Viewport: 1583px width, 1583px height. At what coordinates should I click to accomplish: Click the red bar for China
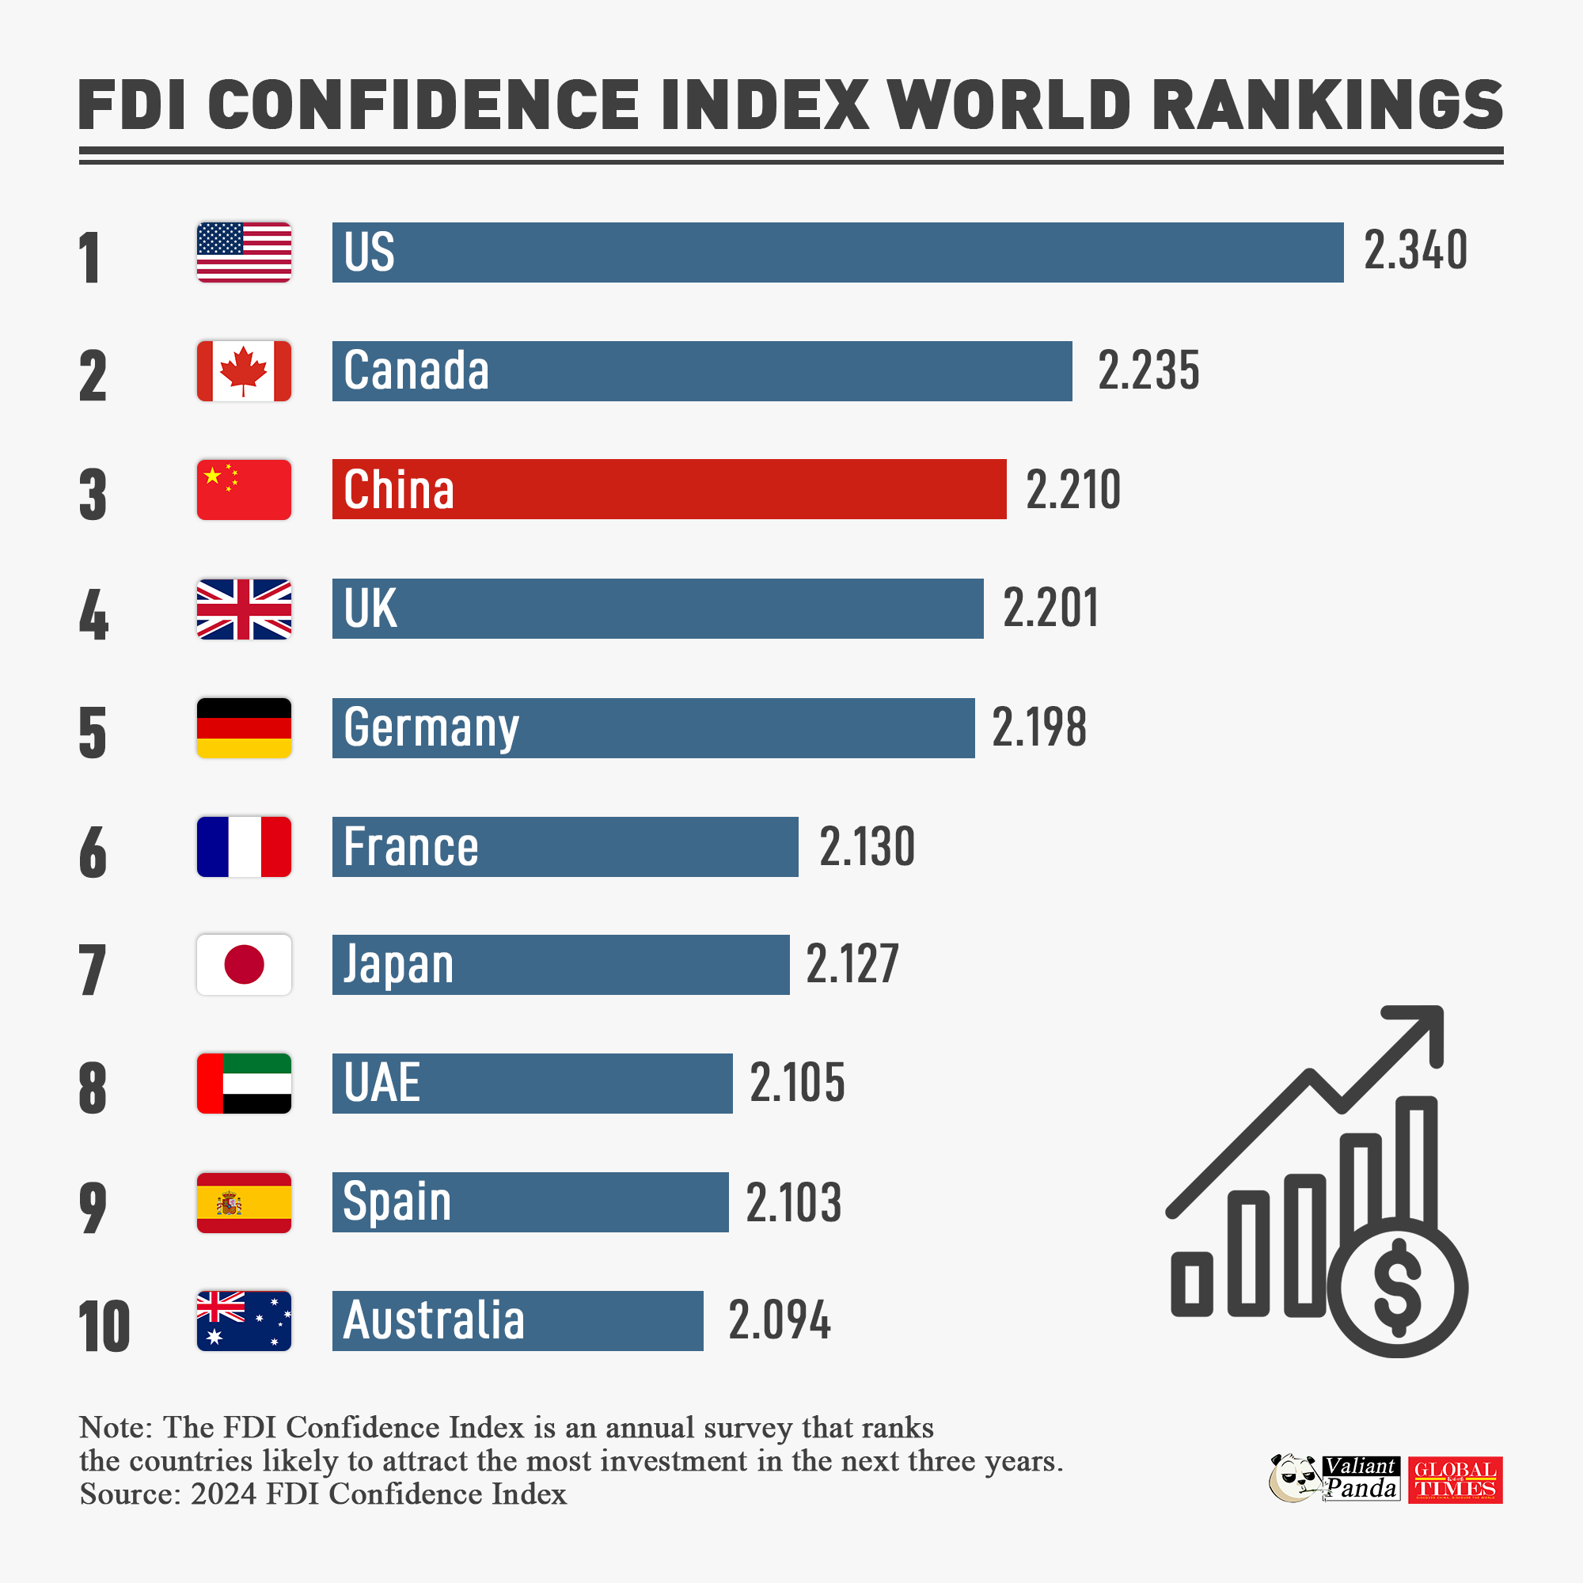pyautogui.click(x=669, y=489)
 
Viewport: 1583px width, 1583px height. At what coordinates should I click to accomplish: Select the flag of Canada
pyautogui.click(x=243, y=371)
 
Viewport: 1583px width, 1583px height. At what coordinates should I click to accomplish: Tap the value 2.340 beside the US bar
pyautogui.click(x=1415, y=250)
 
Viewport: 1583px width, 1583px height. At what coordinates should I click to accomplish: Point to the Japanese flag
pyautogui.click(x=243, y=964)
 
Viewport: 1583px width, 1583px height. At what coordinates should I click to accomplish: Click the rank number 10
pyautogui.click(x=104, y=1327)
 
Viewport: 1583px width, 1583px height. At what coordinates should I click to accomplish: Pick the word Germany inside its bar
pyautogui.click(x=431, y=727)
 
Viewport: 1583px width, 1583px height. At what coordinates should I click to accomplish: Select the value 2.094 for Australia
pyautogui.click(x=779, y=1320)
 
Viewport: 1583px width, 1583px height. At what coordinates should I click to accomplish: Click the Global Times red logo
pyautogui.click(x=1456, y=1480)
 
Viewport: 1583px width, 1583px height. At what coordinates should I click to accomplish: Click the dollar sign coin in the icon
pyautogui.click(x=1397, y=1286)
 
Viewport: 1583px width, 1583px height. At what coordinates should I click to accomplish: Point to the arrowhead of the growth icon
pyautogui.click(x=1422, y=1028)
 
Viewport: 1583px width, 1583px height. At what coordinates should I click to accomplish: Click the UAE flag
pyautogui.click(x=243, y=1084)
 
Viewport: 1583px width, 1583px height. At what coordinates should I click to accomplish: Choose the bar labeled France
pyautogui.click(x=564, y=846)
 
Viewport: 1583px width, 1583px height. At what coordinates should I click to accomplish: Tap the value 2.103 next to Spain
pyautogui.click(x=793, y=1202)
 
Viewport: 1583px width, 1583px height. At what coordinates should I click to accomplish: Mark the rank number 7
pyautogui.click(x=93, y=970)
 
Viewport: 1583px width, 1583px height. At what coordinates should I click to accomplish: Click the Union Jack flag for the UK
pyautogui.click(x=243, y=609)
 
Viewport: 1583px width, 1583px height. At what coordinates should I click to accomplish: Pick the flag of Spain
pyautogui.click(x=243, y=1202)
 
